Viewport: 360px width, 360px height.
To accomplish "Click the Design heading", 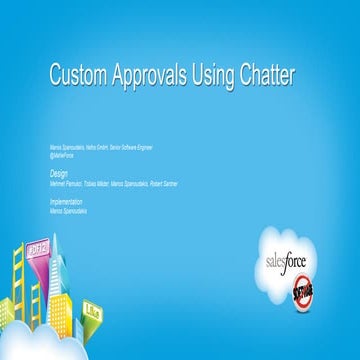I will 59,171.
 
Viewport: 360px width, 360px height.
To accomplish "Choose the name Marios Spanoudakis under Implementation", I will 69,211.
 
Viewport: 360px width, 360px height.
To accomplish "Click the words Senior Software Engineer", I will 140,146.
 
